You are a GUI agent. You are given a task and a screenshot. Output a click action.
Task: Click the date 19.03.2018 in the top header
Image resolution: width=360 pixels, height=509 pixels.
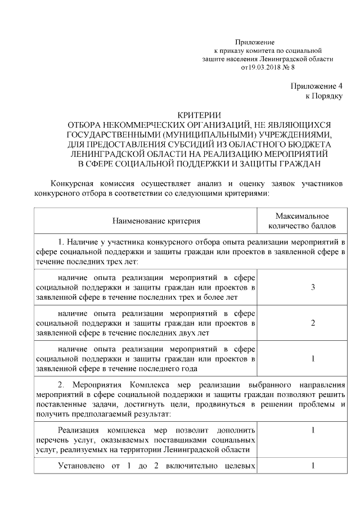tap(260, 67)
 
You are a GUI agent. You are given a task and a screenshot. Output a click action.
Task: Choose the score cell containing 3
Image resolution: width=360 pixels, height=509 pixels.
tap(312, 287)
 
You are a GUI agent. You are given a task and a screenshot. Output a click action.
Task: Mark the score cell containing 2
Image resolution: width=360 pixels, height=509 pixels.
tap(312, 323)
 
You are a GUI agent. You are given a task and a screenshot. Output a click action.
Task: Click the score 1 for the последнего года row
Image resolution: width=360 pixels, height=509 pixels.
tap(312, 358)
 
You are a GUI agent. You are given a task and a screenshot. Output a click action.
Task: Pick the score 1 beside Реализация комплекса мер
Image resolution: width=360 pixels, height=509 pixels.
tap(312, 430)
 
